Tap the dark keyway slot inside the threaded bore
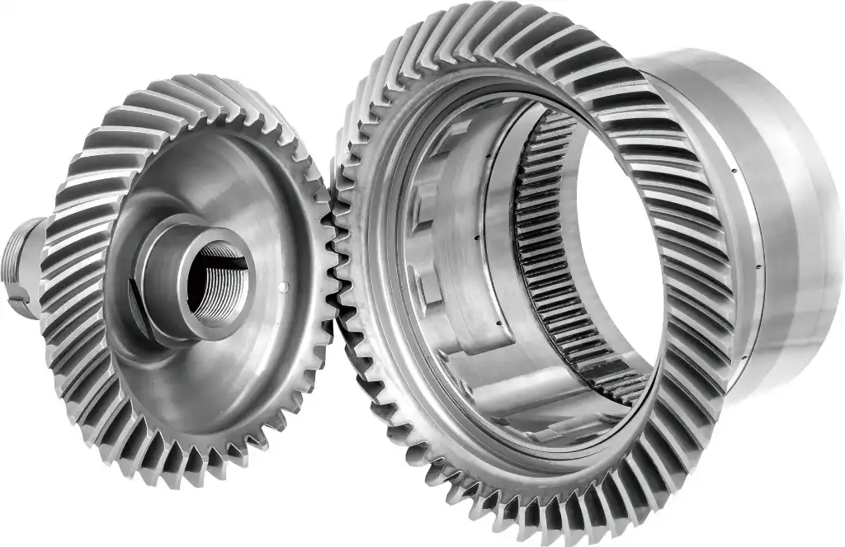click(232, 265)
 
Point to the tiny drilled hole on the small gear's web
click(285, 287)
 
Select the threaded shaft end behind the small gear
click(23, 265)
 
